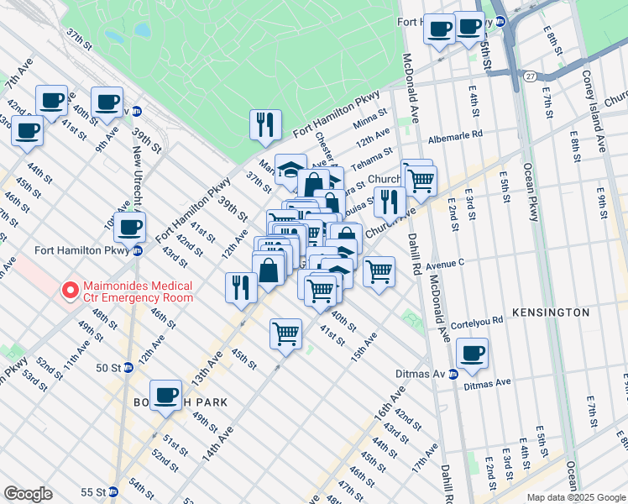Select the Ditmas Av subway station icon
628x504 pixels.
453,375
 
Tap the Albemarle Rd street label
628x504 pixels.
455,134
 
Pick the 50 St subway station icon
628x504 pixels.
128,367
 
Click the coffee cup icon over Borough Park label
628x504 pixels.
166,395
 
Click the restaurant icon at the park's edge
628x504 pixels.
265,124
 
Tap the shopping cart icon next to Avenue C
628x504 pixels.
379,271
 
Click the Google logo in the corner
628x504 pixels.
28,494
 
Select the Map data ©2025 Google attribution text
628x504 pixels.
574,497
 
